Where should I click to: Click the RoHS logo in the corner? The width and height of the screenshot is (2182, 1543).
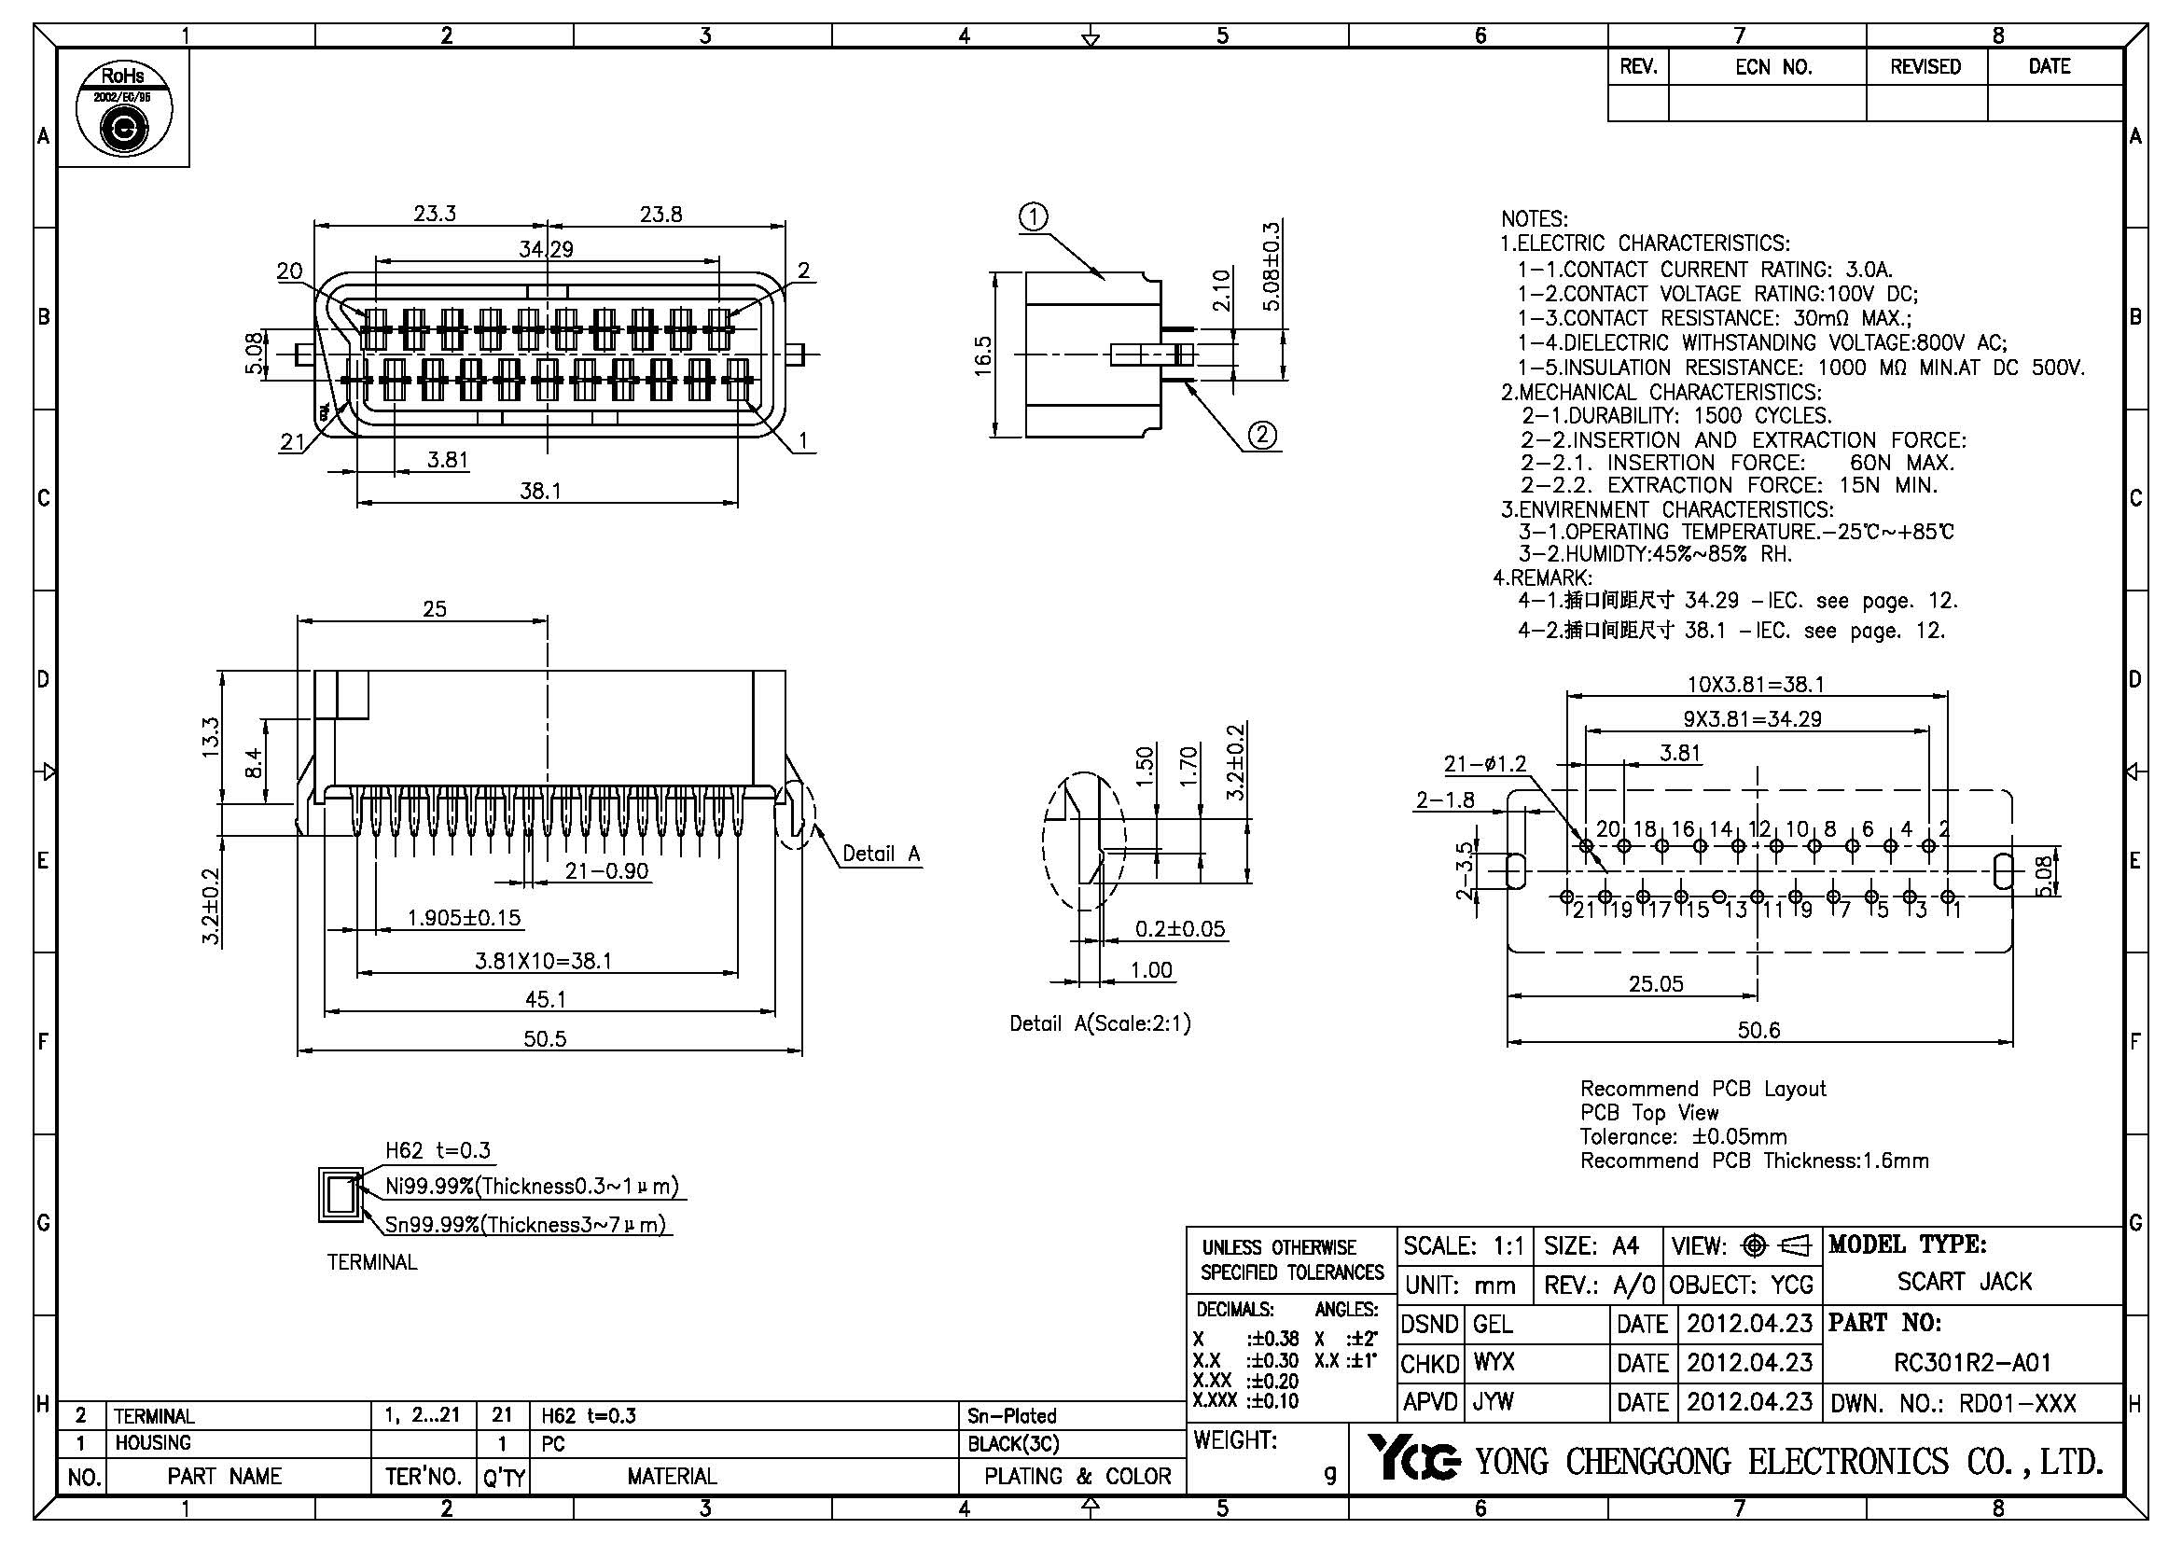[123, 109]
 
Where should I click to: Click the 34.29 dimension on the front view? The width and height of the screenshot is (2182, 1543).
[546, 249]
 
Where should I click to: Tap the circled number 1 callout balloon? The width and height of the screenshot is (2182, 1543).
[1033, 217]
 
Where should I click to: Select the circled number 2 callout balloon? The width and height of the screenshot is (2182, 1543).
[1262, 435]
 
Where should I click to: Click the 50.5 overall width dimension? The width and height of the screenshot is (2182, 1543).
[545, 1038]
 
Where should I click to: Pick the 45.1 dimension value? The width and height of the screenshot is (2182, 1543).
[546, 998]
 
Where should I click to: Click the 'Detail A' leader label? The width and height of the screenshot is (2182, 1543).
[881, 854]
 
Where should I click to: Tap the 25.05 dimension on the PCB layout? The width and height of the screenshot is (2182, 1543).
[1656, 983]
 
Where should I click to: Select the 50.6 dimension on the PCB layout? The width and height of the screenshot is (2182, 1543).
[1758, 1030]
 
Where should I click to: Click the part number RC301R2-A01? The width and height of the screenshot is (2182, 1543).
[1972, 1362]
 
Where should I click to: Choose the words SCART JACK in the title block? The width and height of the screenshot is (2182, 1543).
[1965, 1282]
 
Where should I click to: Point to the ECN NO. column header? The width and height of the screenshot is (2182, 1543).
[1773, 67]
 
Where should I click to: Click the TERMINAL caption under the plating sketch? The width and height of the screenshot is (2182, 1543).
[371, 1262]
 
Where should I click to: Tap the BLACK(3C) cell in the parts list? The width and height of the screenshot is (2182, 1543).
[1012, 1443]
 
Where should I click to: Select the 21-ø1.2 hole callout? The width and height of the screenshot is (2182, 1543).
[1484, 763]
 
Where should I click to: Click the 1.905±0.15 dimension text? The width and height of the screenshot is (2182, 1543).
[464, 918]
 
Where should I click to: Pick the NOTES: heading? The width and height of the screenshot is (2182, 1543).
[1534, 219]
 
